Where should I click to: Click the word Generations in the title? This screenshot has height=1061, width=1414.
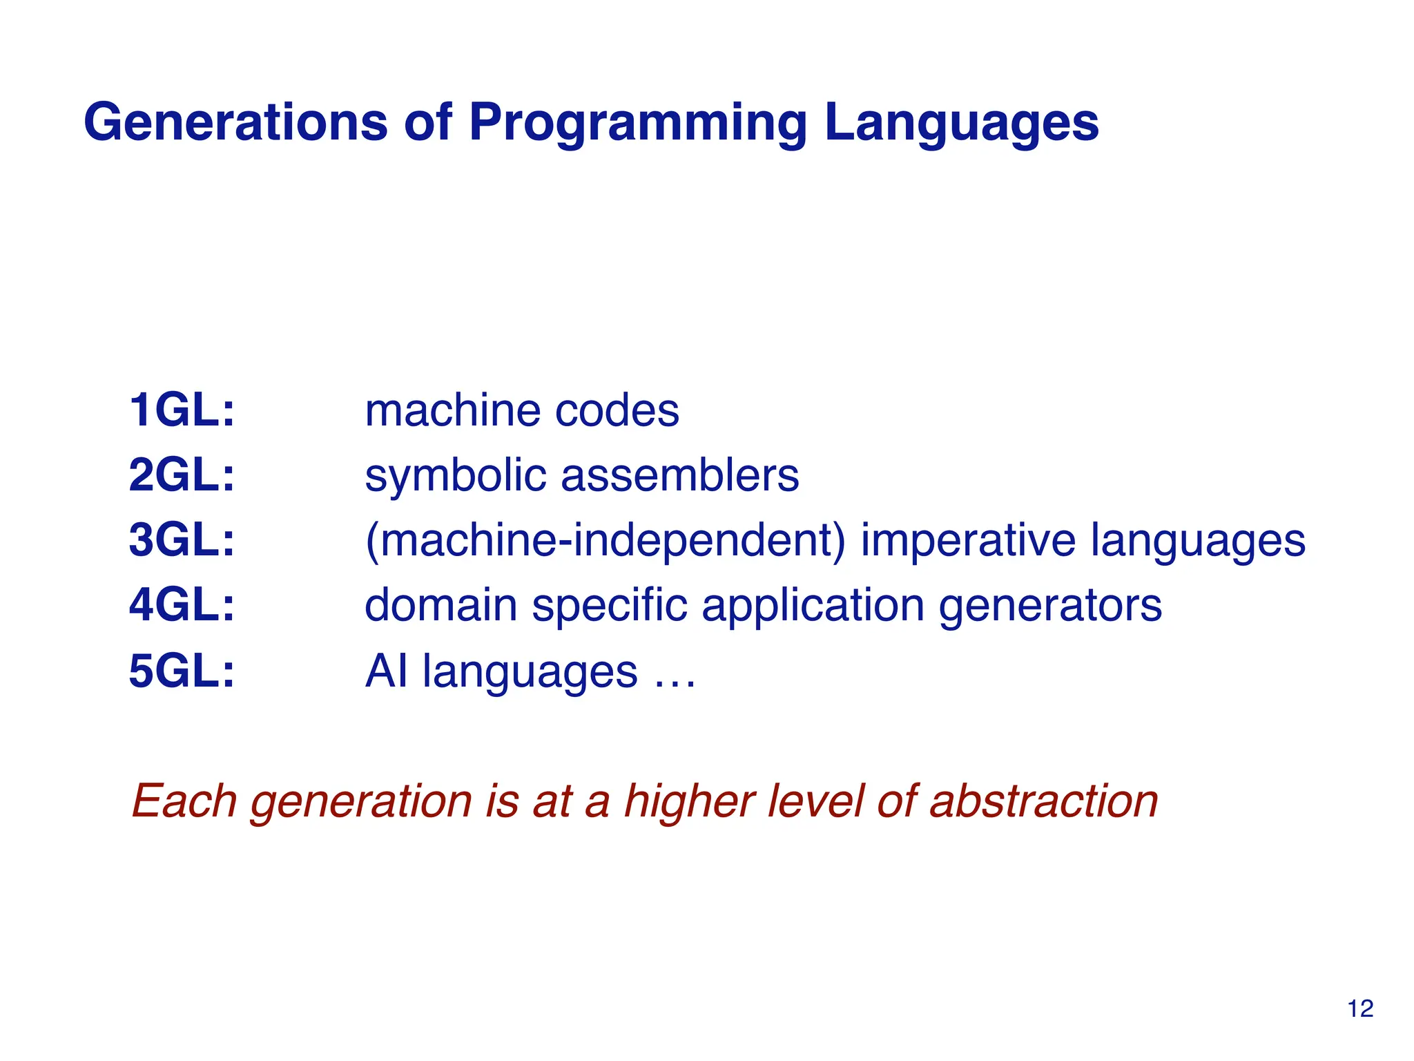[235, 122]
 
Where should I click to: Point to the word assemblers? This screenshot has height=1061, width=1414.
[679, 475]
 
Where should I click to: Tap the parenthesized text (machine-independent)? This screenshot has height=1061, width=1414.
[605, 541]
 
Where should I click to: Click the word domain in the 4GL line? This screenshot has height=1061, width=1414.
[440, 605]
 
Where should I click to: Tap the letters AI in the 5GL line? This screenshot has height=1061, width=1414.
[386, 671]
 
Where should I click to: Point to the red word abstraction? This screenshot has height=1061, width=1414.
[1043, 801]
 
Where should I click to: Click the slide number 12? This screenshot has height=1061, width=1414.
[1360, 1009]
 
